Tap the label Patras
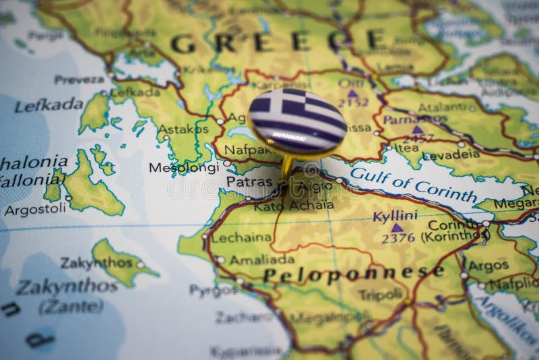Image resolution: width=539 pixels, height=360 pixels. (x=249, y=181)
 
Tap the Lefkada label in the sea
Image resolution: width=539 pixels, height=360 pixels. (x=49, y=105)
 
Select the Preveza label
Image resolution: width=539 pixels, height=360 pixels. (x=79, y=79)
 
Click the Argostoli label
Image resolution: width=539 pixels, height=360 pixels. (x=35, y=210)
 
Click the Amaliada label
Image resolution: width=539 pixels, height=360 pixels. (x=261, y=260)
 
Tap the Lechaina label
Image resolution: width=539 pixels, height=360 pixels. (x=241, y=237)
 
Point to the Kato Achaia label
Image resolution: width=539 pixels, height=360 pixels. (x=293, y=206)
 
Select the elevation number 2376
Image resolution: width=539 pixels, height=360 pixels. (x=398, y=238)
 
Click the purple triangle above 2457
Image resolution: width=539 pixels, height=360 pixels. (x=418, y=129)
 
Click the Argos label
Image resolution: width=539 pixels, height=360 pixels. (x=488, y=266)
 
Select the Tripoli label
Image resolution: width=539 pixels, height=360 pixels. (x=380, y=295)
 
